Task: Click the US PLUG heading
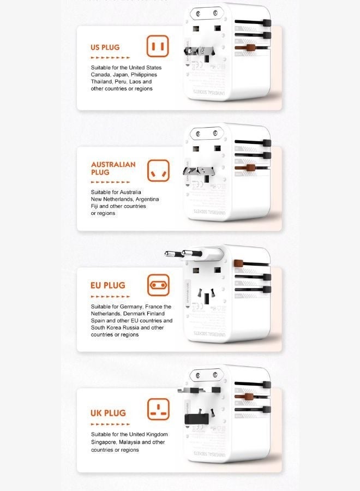click(105, 47)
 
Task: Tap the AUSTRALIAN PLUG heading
click(113, 168)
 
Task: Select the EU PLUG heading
click(107, 285)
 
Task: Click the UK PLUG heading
click(108, 414)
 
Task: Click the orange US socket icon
click(158, 46)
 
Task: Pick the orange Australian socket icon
click(158, 171)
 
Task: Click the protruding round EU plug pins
click(183, 253)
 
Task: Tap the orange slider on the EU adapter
click(238, 265)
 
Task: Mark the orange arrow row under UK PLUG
click(110, 424)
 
